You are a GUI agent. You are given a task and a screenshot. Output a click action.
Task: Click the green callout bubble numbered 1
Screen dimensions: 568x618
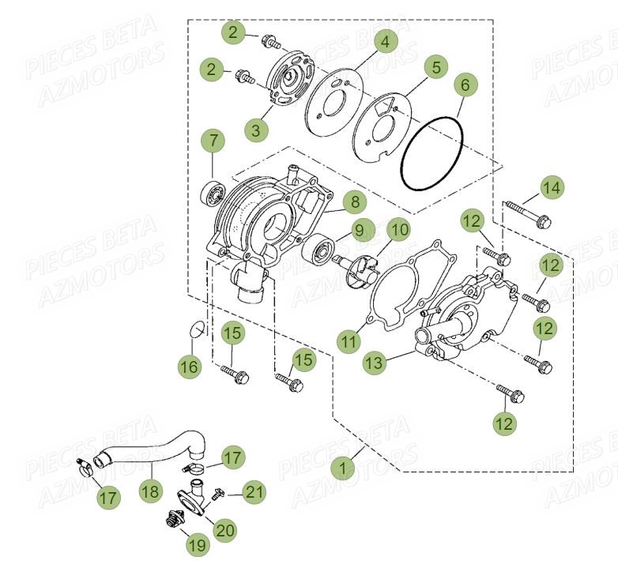pos(342,468)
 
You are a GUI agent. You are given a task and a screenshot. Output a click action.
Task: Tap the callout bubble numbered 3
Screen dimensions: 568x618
pos(255,131)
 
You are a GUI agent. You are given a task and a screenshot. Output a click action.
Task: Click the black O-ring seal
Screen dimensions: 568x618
pos(431,154)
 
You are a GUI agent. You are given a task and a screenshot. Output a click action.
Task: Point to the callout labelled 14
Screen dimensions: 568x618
pos(552,187)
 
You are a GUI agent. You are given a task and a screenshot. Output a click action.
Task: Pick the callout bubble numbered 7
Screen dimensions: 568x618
pos(212,141)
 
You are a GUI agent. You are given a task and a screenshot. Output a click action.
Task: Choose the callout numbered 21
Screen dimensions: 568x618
pos(254,493)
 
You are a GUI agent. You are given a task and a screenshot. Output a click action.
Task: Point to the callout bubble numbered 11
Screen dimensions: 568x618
pos(349,341)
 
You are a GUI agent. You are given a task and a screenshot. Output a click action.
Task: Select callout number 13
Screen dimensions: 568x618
pos(375,363)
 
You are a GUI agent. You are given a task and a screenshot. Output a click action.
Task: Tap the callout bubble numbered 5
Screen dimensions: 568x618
pos(435,67)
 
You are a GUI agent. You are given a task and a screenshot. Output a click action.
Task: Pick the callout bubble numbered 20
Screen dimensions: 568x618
pos(225,530)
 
